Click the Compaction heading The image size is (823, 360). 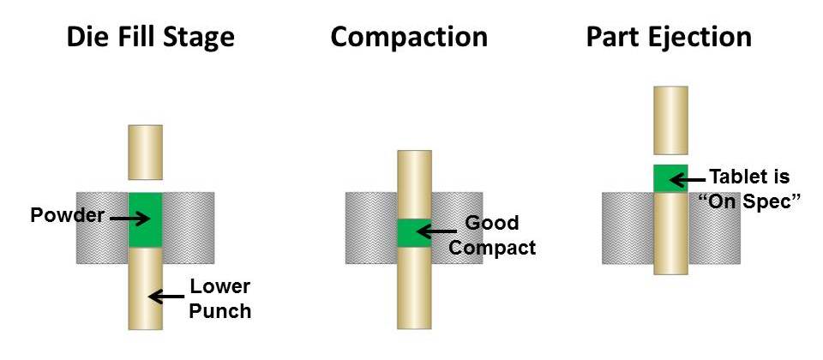(x=409, y=37)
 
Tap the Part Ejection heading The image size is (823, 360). (x=669, y=37)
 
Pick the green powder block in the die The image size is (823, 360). (x=145, y=219)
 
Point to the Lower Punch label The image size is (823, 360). (x=220, y=298)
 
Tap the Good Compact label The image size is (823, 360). (x=492, y=236)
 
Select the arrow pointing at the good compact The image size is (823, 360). (x=436, y=231)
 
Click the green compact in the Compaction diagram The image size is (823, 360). (x=414, y=232)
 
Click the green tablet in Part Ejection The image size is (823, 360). (x=670, y=178)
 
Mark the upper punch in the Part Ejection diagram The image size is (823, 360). (x=670, y=119)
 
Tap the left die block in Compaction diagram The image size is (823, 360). (x=371, y=228)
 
